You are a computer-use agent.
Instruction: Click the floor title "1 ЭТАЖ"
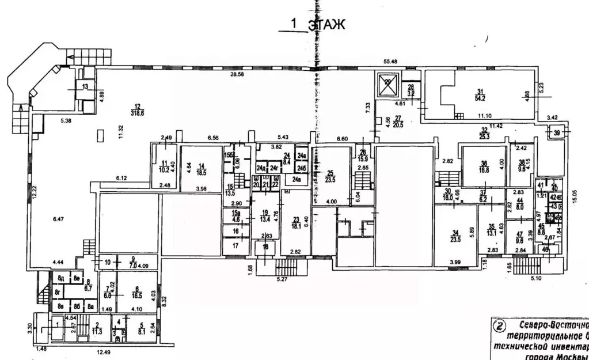coord(317,24)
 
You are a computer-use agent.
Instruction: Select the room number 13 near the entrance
coord(85,87)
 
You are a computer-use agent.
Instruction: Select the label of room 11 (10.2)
coord(165,166)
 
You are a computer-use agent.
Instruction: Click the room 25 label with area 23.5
coord(330,176)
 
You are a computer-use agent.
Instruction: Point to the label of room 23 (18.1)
coord(296,222)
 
